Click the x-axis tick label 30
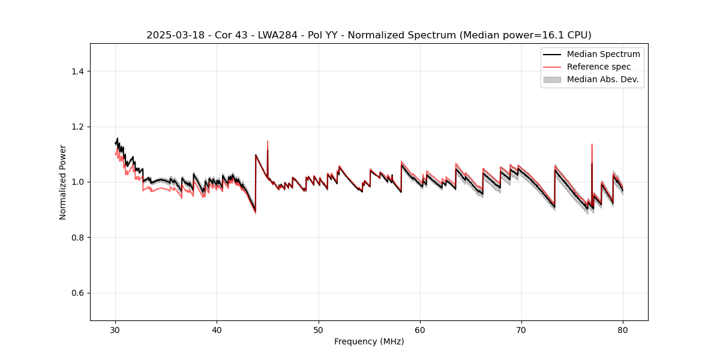click(x=116, y=330)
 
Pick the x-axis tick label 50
click(x=319, y=330)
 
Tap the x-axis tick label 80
click(x=623, y=330)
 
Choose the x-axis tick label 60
click(x=420, y=330)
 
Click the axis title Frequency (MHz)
click(x=369, y=341)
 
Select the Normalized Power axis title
click(x=63, y=182)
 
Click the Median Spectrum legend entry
click(x=603, y=54)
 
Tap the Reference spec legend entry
click(x=598, y=67)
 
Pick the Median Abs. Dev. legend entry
click(x=602, y=79)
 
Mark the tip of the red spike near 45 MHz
click(x=268, y=142)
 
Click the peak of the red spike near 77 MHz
click(x=592, y=145)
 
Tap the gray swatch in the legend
click(x=552, y=79)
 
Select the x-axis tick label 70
click(x=521, y=330)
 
